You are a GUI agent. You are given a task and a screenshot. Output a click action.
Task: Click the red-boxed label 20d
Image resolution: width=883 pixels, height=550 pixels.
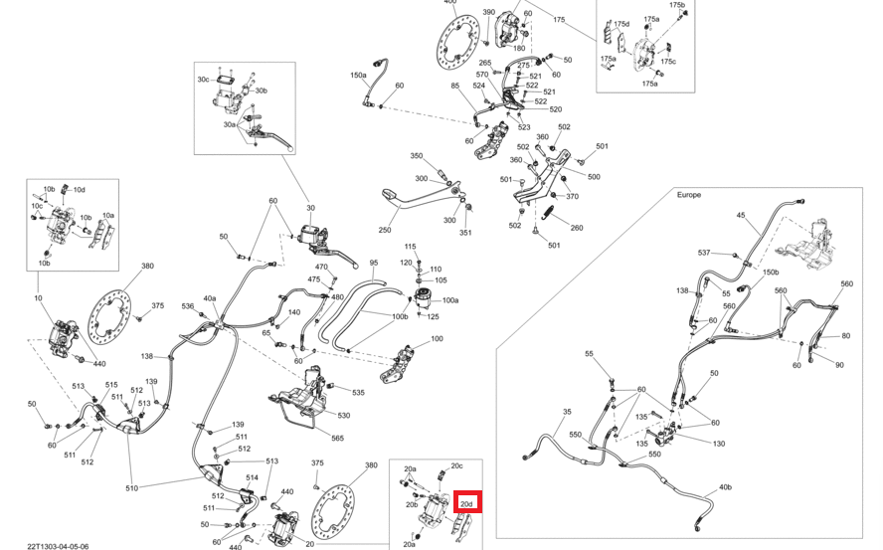click(x=466, y=503)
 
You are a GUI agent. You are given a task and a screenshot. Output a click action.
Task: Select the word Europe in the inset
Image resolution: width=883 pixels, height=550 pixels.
click(x=689, y=195)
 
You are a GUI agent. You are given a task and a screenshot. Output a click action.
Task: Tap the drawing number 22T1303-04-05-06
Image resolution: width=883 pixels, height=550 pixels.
click(x=58, y=544)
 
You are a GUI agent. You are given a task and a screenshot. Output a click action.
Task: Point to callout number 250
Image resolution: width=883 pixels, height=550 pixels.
click(x=385, y=230)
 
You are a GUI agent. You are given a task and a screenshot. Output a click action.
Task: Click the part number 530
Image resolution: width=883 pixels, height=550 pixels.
click(x=343, y=415)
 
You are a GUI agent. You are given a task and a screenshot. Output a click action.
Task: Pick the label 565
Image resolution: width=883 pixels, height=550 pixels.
click(x=337, y=439)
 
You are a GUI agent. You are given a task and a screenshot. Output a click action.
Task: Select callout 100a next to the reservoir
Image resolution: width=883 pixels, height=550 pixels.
click(x=450, y=300)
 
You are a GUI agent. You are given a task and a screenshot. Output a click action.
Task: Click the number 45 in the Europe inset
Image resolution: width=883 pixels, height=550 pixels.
click(x=740, y=215)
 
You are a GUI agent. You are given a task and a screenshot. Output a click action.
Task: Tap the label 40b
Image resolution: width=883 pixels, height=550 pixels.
click(x=724, y=487)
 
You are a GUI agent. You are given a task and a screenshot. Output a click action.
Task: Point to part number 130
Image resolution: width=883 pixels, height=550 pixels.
click(x=719, y=444)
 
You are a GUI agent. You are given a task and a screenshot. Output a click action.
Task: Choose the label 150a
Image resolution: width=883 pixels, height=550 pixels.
click(x=358, y=75)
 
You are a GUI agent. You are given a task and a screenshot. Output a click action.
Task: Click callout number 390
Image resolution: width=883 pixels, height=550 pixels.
click(x=489, y=12)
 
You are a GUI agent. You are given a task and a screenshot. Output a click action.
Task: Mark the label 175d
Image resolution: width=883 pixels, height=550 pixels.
click(x=621, y=23)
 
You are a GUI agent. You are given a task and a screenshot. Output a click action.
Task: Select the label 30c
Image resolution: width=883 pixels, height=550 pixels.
click(x=203, y=79)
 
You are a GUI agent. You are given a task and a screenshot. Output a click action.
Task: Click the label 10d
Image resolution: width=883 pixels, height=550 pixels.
click(x=80, y=189)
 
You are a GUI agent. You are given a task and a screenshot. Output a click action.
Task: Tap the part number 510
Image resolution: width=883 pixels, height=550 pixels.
click(x=131, y=487)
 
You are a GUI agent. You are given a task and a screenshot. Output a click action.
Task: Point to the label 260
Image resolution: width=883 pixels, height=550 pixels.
click(x=577, y=228)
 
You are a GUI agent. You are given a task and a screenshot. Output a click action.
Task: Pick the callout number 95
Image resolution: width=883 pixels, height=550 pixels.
click(x=374, y=263)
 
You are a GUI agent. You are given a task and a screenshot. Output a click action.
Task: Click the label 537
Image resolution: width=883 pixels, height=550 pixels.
click(x=704, y=253)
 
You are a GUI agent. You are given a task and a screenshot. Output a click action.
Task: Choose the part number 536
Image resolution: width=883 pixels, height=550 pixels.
click(x=188, y=306)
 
